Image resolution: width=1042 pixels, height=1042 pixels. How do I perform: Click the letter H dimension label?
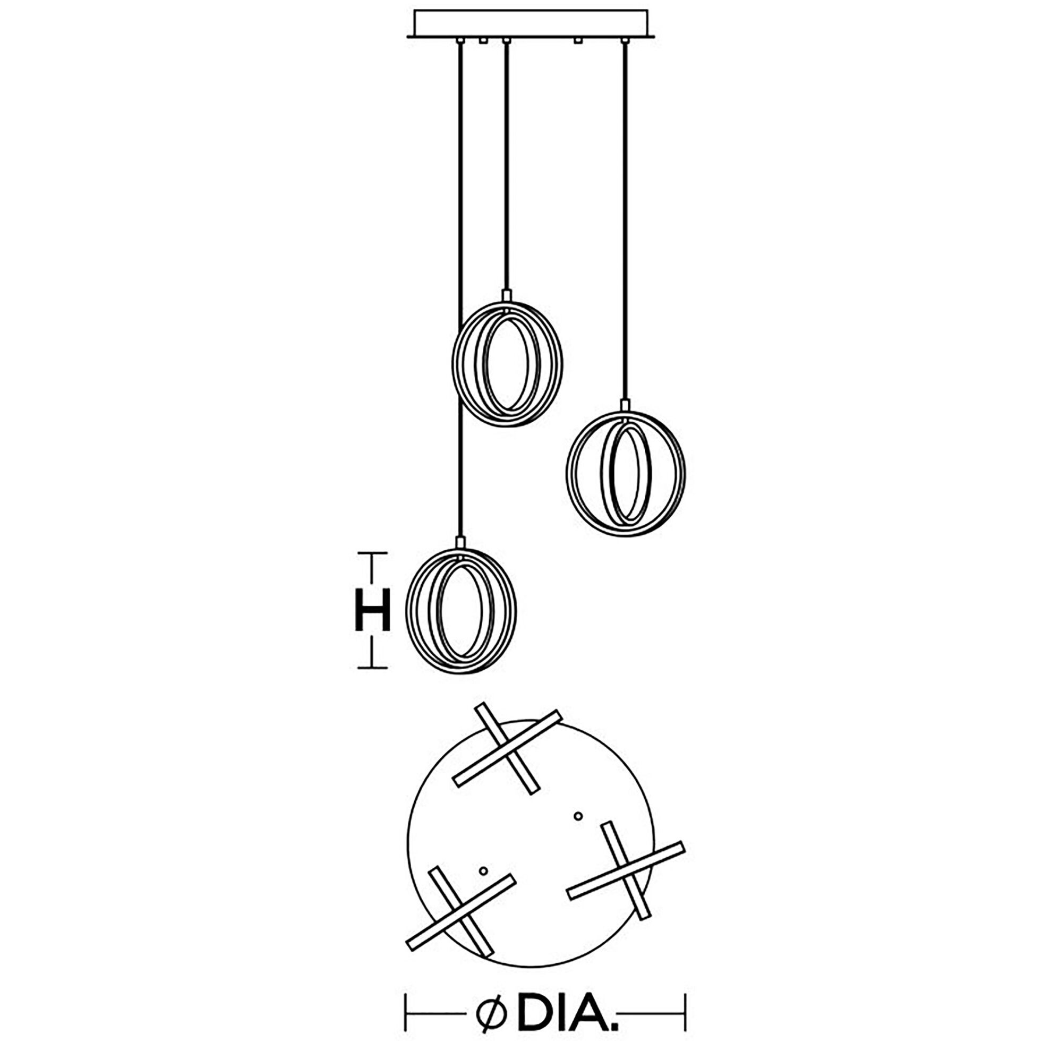pyautogui.click(x=372, y=610)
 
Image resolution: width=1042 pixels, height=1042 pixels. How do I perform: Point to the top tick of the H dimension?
pyautogui.click(x=372, y=553)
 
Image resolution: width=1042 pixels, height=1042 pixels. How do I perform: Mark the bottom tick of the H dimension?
pyautogui.click(x=372, y=668)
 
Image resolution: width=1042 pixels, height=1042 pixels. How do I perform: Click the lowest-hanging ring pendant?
pyautogui.click(x=461, y=611)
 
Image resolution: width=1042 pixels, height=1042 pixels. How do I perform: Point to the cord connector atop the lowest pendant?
pyautogui.click(x=460, y=542)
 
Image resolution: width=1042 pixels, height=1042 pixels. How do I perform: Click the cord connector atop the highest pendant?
pyautogui.click(x=507, y=296)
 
